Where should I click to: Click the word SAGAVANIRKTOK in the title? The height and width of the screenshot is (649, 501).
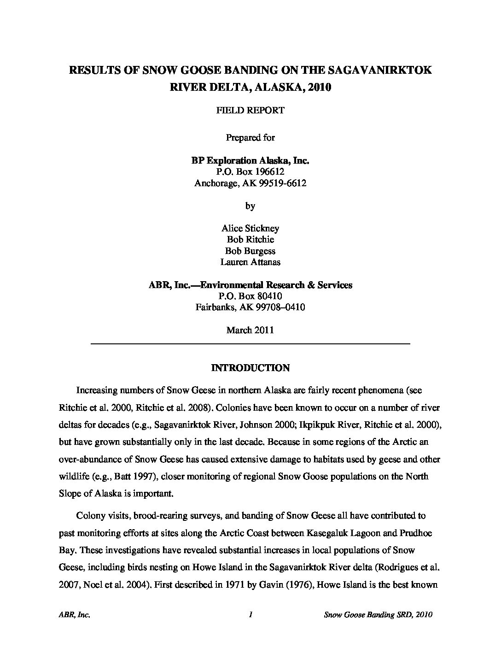tap(380, 70)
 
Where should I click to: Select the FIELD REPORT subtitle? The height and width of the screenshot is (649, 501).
tap(250, 111)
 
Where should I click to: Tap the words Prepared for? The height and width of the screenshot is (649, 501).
tap(250, 137)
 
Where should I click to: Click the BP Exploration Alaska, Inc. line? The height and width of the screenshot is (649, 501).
tap(250, 160)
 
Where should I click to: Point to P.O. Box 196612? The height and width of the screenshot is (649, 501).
tap(250, 172)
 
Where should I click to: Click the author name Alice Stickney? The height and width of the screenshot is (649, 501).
tap(250, 228)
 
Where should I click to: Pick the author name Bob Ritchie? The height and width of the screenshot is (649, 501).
tap(250, 240)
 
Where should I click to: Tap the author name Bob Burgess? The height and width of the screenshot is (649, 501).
tap(250, 251)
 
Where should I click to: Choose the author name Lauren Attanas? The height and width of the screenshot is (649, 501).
tap(250, 262)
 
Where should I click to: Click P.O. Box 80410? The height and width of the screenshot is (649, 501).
tap(250, 296)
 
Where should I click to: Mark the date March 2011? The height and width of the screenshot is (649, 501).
tap(250, 330)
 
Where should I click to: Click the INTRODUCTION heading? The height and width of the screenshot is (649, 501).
tap(250, 368)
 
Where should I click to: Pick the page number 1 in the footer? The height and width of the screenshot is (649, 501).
tap(250, 614)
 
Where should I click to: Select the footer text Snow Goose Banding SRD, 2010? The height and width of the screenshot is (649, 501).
tap(378, 614)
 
